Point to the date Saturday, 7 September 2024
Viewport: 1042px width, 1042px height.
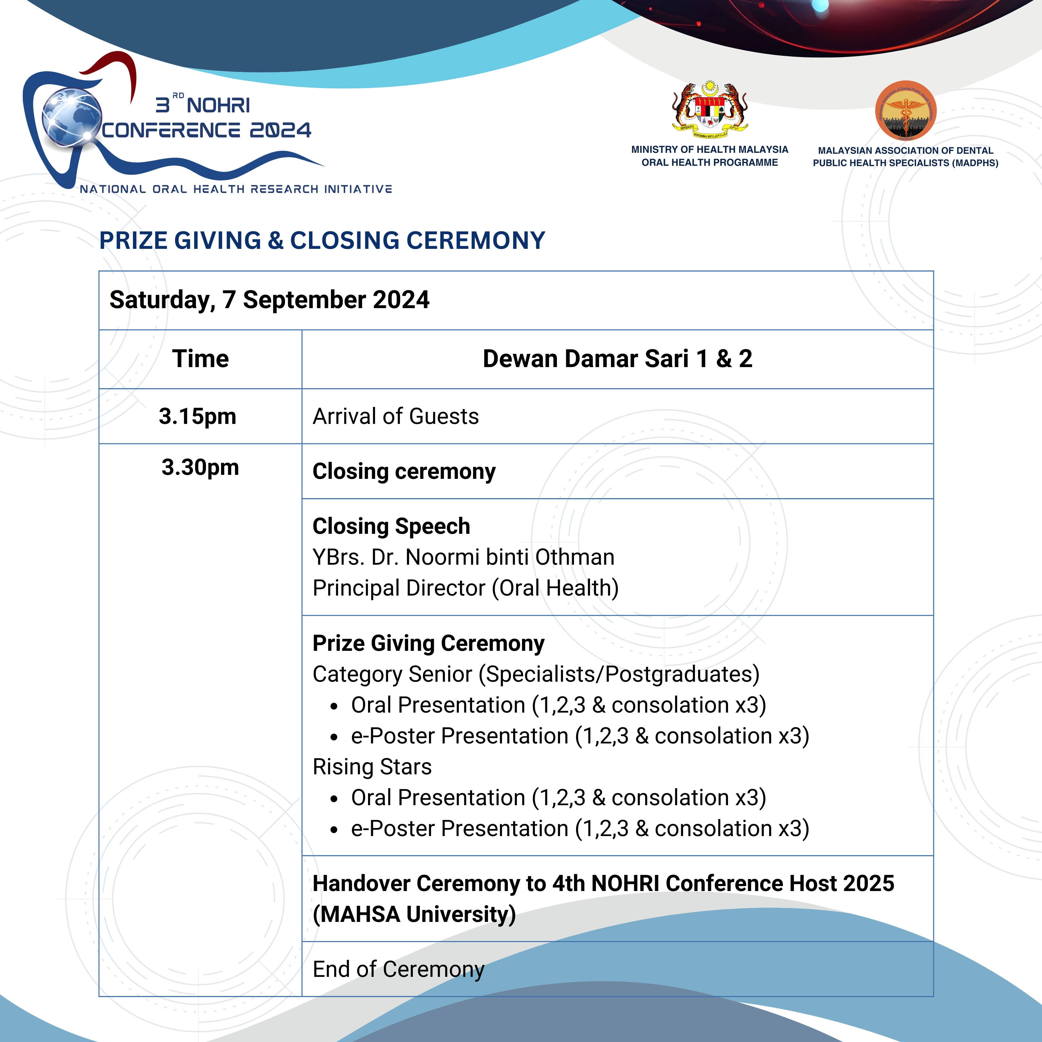[x=269, y=300]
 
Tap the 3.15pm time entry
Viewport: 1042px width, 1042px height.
[x=197, y=416]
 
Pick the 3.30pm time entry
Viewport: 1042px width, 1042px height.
[x=200, y=467]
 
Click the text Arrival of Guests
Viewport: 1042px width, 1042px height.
[x=395, y=416]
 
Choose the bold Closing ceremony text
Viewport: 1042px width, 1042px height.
[x=404, y=471]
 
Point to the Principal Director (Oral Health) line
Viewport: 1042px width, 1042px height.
[x=466, y=588]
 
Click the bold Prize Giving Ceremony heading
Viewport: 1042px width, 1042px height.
[x=428, y=643]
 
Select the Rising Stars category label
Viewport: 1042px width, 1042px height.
[x=372, y=766]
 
